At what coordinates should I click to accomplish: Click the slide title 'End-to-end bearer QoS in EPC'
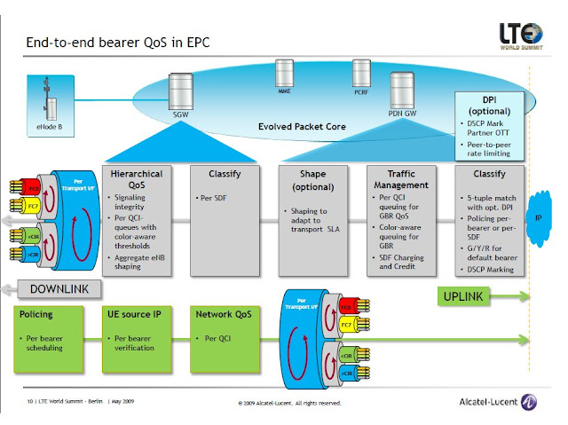[x=118, y=42]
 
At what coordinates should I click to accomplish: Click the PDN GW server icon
[x=405, y=93]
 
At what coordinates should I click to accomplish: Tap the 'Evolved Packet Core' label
[x=302, y=127]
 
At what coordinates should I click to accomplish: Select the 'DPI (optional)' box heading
[x=488, y=106]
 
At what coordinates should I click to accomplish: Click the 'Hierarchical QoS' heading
[x=136, y=179]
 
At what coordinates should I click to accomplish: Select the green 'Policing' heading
[x=36, y=314]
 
